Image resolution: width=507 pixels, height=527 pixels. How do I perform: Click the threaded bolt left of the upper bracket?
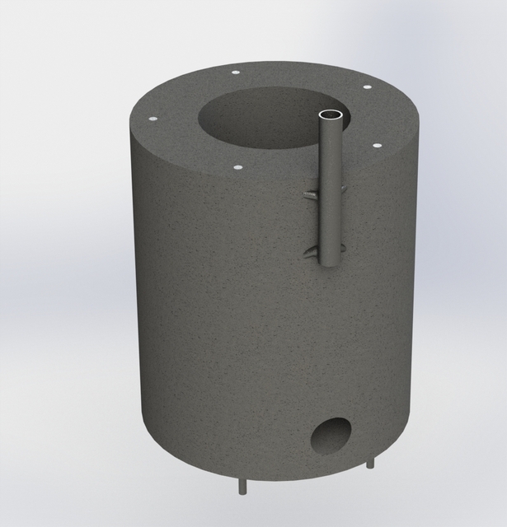(309, 194)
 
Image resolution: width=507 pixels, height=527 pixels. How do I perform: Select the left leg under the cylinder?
(242, 487)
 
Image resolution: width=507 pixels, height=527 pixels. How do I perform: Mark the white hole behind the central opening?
(236, 72)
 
